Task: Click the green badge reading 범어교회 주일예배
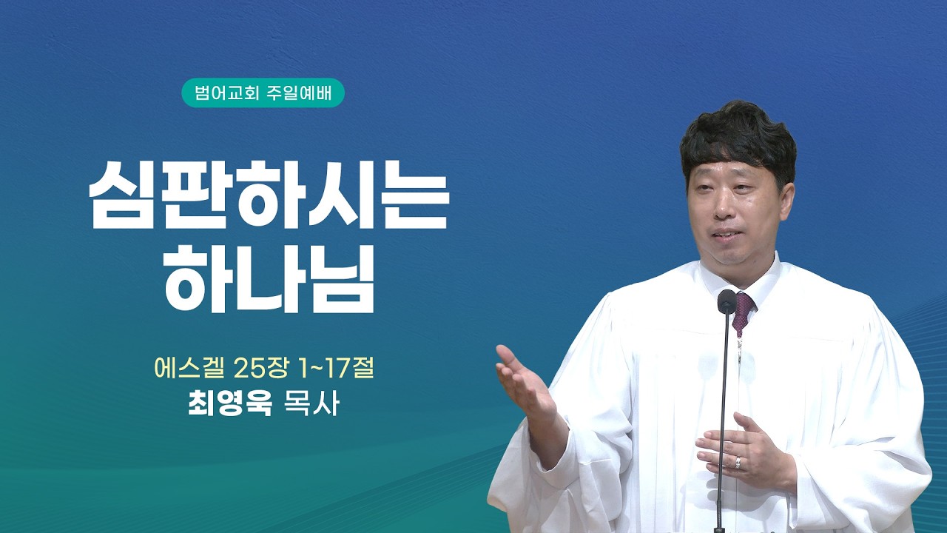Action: click(x=263, y=93)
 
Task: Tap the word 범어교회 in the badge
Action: click(x=226, y=93)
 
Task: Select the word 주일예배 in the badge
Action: click(x=299, y=93)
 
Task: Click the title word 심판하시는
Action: click(x=268, y=195)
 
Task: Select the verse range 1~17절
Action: click(x=331, y=369)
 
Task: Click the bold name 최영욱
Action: click(x=229, y=403)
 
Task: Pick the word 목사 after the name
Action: click(x=311, y=403)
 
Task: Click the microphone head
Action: click(x=727, y=301)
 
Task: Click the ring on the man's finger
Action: click(x=738, y=463)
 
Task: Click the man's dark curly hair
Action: click(x=738, y=140)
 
